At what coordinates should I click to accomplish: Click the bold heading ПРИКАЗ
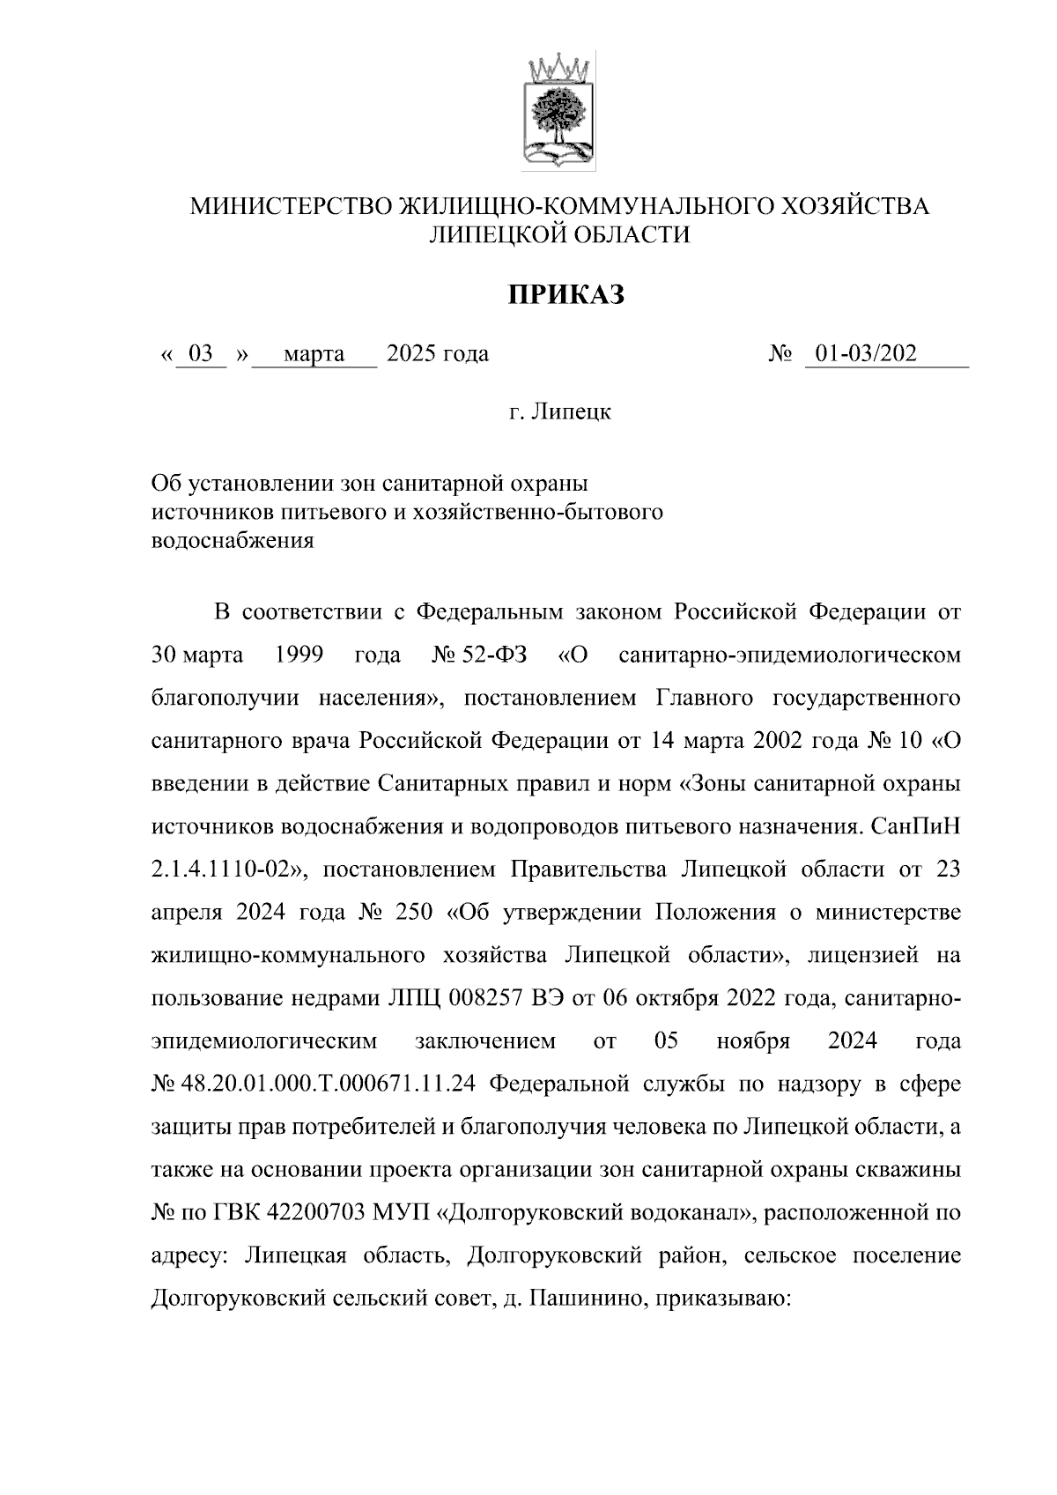pyautogui.click(x=565, y=294)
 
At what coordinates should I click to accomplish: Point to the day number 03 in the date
pyautogui.click(x=201, y=354)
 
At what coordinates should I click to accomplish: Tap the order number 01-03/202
pyautogui.click(x=865, y=354)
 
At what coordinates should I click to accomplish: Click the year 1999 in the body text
pyautogui.click(x=299, y=655)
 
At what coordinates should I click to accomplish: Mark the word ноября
pyautogui.click(x=753, y=1041)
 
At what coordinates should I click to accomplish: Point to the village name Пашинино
pyautogui.click(x=581, y=1298)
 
